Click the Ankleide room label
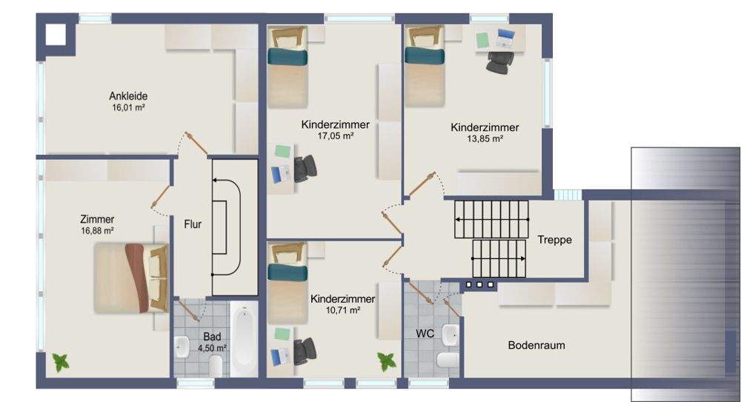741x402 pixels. click(x=128, y=96)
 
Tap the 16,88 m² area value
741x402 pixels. click(x=98, y=231)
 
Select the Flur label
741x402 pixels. click(x=193, y=224)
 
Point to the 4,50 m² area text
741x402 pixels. click(x=212, y=347)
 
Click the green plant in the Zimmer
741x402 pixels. click(x=59, y=363)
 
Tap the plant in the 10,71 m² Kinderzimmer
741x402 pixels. click(x=386, y=361)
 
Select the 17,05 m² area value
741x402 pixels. click(x=335, y=135)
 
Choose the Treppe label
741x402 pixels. click(x=554, y=240)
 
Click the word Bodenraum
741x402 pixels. click(x=536, y=346)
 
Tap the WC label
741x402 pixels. click(x=425, y=334)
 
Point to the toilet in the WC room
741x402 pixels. click(x=448, y=361)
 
